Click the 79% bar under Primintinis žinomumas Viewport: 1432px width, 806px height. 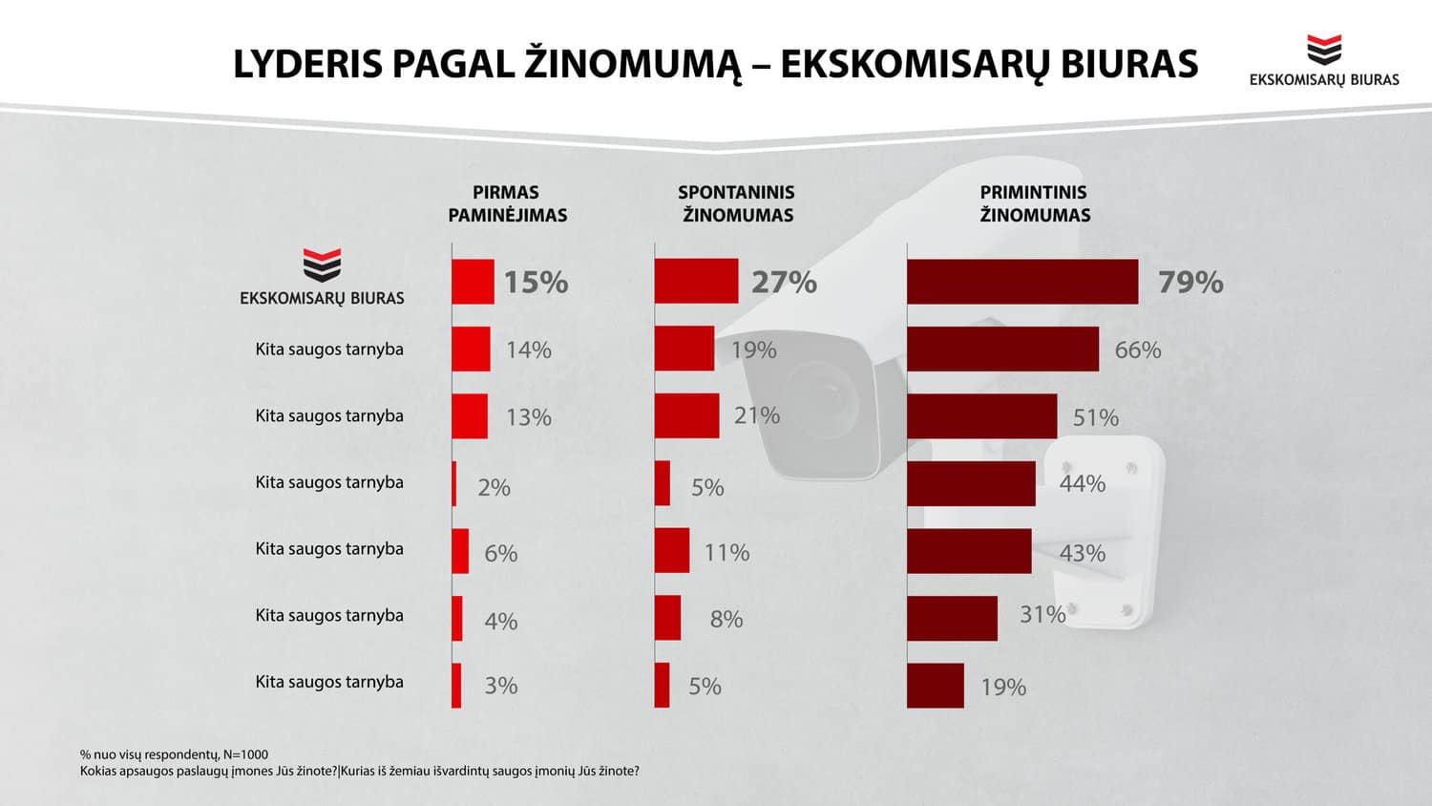[x=1022, y=282]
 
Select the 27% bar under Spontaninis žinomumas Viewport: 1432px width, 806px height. [x=696, y=282]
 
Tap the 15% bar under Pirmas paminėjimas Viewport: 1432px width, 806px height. [x=473, y=282]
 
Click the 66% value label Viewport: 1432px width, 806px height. [x=1138, y=350]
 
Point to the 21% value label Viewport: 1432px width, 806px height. [x=757, y=416]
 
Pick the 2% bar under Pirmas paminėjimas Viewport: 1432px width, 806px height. [x=454, y=483]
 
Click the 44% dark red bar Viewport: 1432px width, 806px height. [x=971, y=483]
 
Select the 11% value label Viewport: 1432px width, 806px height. [x=727, y=553]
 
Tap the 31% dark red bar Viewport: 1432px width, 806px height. [x=952, y=618]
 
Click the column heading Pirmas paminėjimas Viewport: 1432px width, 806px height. [x=507, y=203]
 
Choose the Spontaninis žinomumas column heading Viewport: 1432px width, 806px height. [x=737, y=203]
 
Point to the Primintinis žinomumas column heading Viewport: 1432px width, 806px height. [x=1035, y=203]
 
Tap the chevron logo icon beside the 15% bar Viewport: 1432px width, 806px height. [x=322, y=265]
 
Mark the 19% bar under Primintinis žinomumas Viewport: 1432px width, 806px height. [x=936, y=686]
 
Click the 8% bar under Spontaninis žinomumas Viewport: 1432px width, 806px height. [x=667, y=618]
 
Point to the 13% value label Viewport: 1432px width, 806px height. [x=529, y=417]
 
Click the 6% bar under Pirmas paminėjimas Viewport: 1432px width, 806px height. [x=460, y=551]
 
